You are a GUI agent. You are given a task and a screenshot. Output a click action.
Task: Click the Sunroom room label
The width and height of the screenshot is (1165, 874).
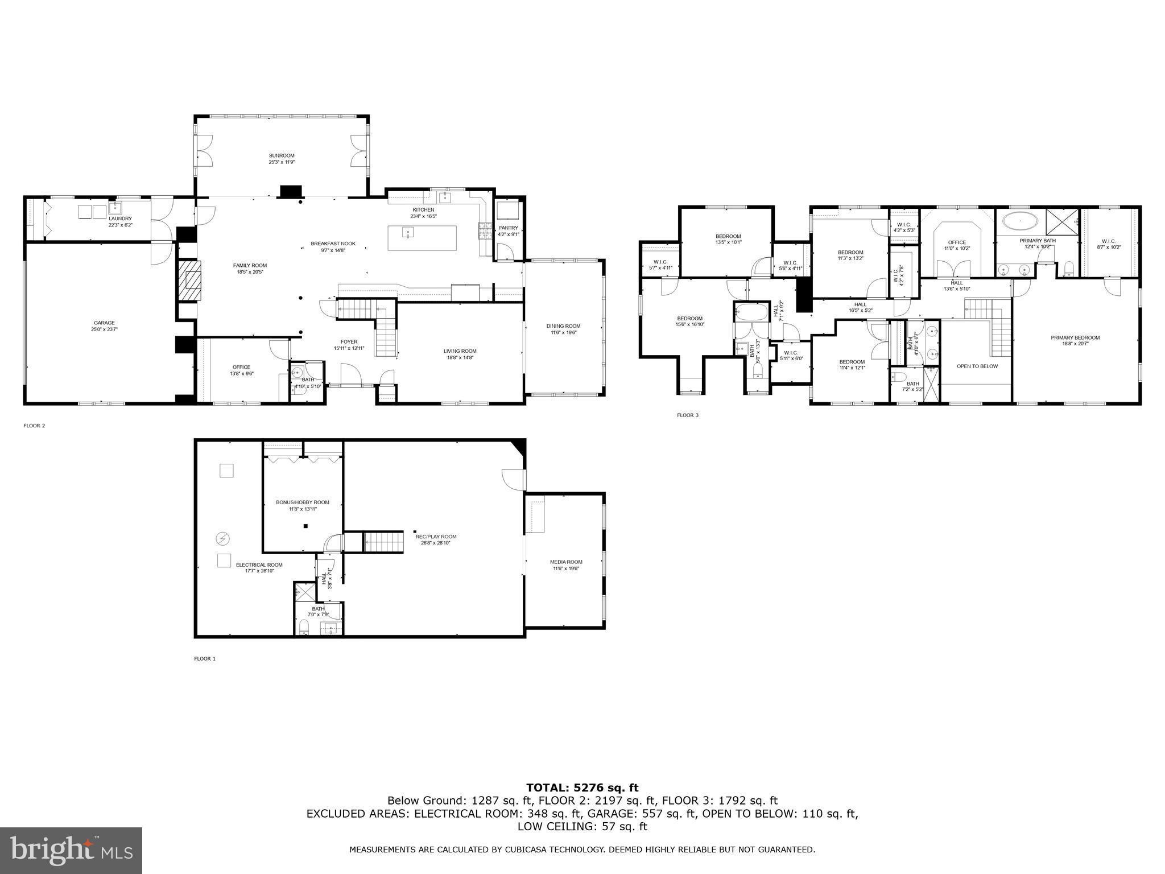tap(282, 155)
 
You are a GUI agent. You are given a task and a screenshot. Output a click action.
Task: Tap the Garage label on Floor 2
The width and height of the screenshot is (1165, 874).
tap(104, 323)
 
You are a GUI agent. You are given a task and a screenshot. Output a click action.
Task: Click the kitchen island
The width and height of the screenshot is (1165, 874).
tap(422, 238)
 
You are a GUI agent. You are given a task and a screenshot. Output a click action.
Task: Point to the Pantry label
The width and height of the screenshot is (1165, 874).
tap(509, 228)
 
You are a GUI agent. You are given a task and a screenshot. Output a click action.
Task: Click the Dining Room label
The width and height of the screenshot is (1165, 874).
tap(563, 326)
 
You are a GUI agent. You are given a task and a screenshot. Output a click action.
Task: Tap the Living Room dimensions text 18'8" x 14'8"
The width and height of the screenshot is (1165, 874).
tap(460, 358)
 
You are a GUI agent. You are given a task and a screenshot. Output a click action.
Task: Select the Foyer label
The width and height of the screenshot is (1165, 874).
tap(349, 342)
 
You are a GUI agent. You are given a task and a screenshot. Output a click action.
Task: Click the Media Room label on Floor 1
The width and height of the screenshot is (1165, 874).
tap(566, 562)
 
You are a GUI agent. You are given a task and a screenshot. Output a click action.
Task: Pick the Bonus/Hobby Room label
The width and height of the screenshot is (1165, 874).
tap(302, 502)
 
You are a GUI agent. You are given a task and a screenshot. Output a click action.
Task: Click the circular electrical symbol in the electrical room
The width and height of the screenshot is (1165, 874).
tap(222, 538)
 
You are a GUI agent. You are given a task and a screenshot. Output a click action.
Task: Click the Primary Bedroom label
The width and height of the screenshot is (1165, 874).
tap(1075, 337)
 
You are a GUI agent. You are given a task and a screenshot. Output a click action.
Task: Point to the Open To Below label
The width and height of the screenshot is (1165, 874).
tap(977, 366)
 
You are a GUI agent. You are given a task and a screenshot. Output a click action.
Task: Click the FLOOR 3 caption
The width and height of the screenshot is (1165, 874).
tap(687, 415)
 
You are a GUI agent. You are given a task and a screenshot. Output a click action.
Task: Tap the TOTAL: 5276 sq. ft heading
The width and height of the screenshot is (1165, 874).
tap(582, 788)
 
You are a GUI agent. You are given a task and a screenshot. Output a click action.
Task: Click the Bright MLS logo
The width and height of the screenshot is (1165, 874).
tap(71, 850)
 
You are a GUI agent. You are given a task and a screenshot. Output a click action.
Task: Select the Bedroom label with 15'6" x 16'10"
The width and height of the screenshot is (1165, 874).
tap(689, 318)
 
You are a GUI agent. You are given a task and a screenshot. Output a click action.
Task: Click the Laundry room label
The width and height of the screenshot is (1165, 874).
tap(120, 218)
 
